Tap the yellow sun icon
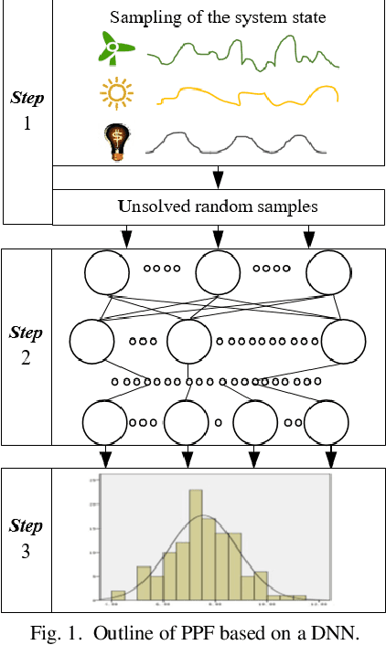(x=115, y=94)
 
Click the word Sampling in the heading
(x=140, y=16)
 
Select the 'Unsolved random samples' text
(x=218, y=207)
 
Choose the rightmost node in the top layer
(x=327, y=270)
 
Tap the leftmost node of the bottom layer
(x=104, y=422)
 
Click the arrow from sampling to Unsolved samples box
(x=218, y=178)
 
